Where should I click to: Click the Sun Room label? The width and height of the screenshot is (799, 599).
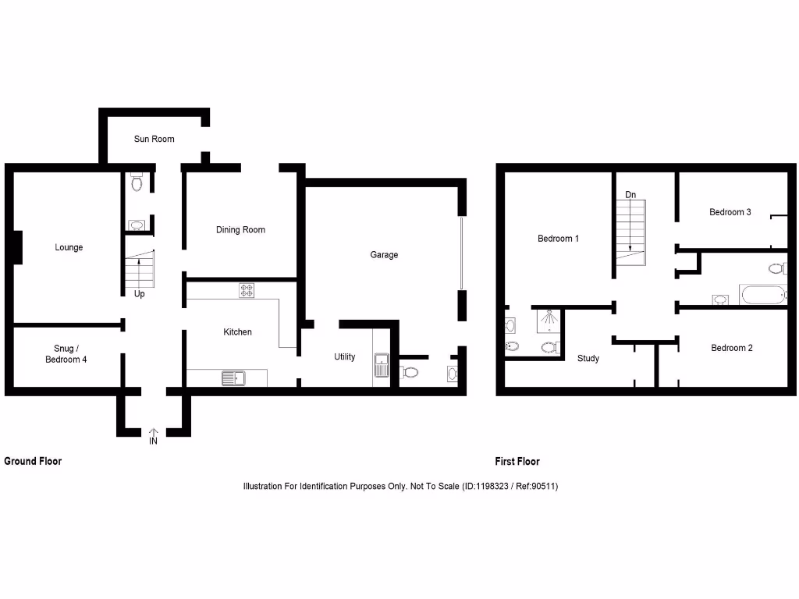point(154,139)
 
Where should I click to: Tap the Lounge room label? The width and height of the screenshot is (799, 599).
point(69,247)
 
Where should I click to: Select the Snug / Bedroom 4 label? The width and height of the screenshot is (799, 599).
point(66,354)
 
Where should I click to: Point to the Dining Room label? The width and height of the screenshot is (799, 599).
point(240,229)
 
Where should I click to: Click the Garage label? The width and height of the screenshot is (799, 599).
point(384,254)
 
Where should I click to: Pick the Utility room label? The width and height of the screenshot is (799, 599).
point(344,356)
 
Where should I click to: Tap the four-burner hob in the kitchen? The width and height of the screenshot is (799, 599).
point(247,290)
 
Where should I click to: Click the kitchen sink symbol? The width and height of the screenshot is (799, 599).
point(233,378)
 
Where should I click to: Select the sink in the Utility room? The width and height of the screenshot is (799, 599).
point(382,365)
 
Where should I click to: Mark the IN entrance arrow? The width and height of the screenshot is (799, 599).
point(153,435)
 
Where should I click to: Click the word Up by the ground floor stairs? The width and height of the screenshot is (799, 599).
point(139,294)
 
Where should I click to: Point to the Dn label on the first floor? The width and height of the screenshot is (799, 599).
point(630,194)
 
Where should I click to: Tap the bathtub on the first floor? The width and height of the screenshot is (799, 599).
point(762,295)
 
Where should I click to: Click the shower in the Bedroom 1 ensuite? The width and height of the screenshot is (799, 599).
point(549,319)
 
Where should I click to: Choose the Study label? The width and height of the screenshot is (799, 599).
point(588,358)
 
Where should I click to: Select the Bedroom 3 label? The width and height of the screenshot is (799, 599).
point(730,211)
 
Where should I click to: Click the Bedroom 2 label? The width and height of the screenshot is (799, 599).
point(731,347)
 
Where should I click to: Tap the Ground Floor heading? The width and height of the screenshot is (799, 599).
point(33,461)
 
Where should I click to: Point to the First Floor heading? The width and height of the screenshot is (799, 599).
point(517,461)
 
